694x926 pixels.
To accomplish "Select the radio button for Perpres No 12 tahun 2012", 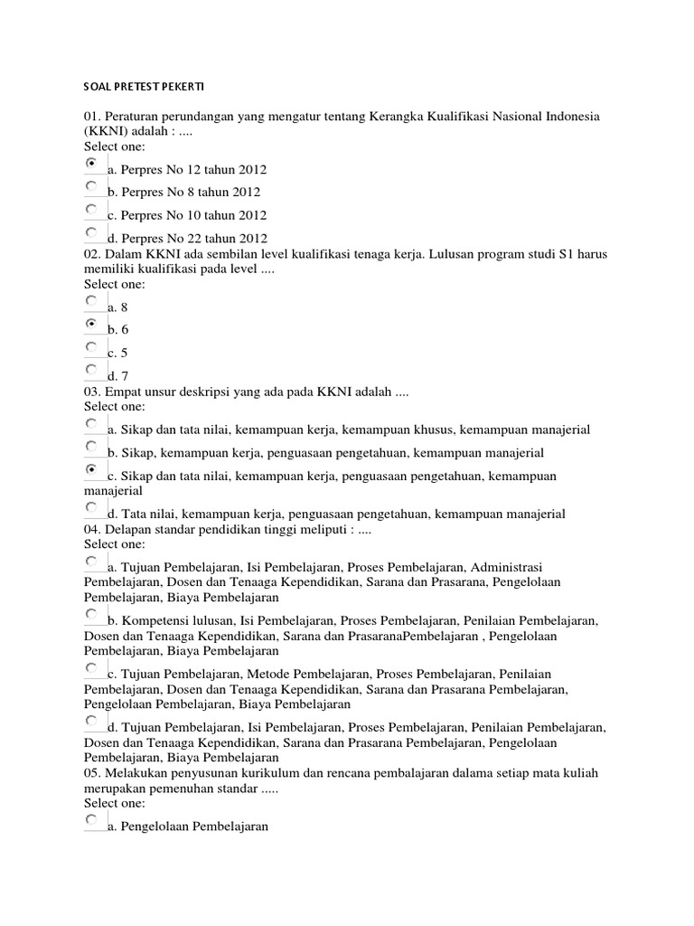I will pyautogui.click(x=92, y=164).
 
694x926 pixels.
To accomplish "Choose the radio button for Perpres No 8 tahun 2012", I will pyautogui.click(x=92, y=186).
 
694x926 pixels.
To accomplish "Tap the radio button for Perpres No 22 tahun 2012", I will pyautogui.click(x=92, y=233).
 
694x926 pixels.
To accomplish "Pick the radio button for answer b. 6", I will pyautogui.click(x=92, y=324).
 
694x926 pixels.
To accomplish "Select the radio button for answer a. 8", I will pyautogui.click(x=92, y=301).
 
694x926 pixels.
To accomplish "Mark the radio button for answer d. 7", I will pyautogui.click(x=92, y=370).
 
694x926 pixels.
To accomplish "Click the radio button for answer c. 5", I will pyautogui.click(x=92, y=347).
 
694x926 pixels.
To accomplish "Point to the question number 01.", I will pyautogui.click(x=92, y=118).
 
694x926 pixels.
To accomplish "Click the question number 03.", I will pyautogui.click(x=92, y=392).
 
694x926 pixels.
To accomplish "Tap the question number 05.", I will pyautogui.click(x=92, y=774).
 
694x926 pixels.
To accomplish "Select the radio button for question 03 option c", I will pyautogui.click(x=92, y=470).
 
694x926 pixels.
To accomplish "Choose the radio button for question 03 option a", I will pyautogui.click(x=92, y=423).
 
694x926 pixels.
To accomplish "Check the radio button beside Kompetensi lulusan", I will pyautogui.click(x=92, y=615).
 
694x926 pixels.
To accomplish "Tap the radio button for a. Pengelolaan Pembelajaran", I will pyautogui.click(x=92, y=820).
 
